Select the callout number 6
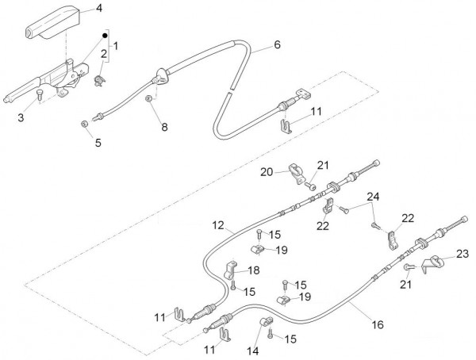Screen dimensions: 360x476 point(278,46)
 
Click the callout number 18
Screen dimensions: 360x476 point(253,270)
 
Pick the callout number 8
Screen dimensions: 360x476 point(164,126)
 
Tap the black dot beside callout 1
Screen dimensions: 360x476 point(104,36)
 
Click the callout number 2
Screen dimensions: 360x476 point(104,52)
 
